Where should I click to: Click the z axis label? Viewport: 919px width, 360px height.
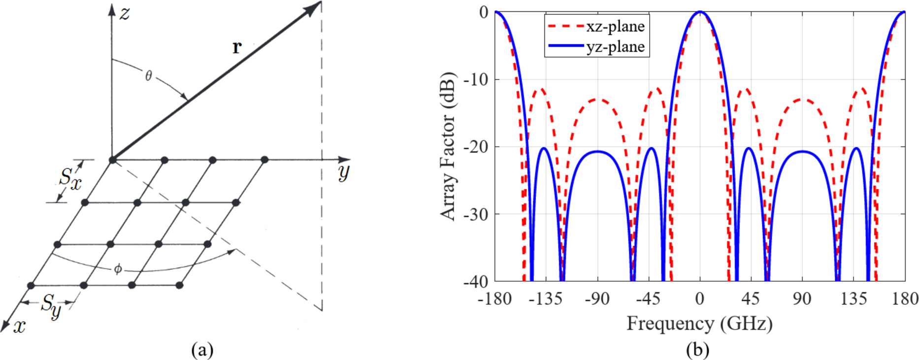click(x=125, y=13)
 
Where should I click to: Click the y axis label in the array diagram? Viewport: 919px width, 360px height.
click(x=344, y=172)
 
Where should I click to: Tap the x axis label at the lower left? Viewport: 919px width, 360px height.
click(x=19, y=326)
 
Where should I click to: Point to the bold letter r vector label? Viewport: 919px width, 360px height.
click(x=237, y=47)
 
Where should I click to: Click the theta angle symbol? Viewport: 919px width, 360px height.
click(x=148, y=76)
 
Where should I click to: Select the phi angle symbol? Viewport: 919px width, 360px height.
click(x=118, y=269)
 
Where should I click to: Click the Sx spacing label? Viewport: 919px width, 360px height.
click(x=70, y=178)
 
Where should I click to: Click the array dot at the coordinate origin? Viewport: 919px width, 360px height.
click(x=113, y=160)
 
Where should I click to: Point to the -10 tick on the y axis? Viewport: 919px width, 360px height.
click(x=477, y=79)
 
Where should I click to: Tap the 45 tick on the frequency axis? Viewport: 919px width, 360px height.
click(x=751, y=298)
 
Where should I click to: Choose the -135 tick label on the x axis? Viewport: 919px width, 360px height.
click(x=546, y=298)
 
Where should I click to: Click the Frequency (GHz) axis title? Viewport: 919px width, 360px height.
click(x=699, y=324)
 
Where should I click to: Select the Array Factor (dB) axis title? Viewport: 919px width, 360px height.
click(x=448, y=147)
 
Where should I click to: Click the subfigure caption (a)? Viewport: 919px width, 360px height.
click(x=202, y=350)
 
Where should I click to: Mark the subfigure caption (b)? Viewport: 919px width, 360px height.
click(x=698, y=350)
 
